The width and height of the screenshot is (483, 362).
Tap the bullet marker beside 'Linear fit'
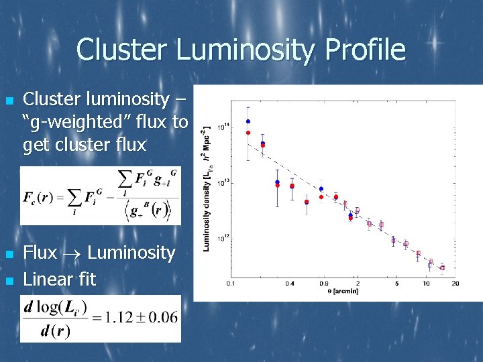point(9,280)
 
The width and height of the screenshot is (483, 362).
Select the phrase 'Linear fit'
point(60,279)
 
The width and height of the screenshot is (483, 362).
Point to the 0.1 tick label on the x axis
point(231,284)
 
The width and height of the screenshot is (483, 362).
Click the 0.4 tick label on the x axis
point(289,284)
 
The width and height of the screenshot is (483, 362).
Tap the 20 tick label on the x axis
point(455,284)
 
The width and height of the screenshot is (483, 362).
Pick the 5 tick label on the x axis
point(396,284)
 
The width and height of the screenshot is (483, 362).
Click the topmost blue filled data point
point(248,121)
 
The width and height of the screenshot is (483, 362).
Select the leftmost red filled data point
point(248,133)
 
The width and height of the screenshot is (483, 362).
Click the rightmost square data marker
point(442,267)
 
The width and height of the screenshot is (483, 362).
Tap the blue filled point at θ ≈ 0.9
point(321,189)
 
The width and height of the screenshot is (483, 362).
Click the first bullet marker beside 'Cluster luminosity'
point(9,101)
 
